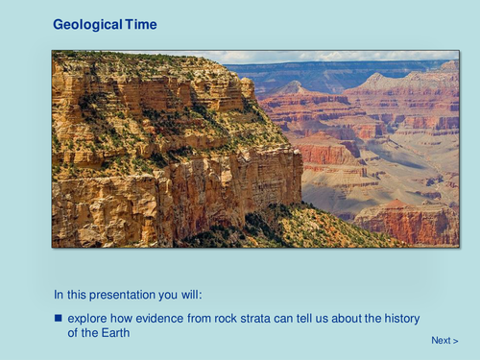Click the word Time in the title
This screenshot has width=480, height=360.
tap(140, 24)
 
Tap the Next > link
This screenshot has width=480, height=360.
tap(444, 341)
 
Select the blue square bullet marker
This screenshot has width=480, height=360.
tap(58, 318)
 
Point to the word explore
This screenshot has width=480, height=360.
tap(91, 318)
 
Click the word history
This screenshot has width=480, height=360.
tap(400, 318)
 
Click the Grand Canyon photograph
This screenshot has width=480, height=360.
tap(254, 149)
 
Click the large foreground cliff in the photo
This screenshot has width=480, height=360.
tap(163, 163)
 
